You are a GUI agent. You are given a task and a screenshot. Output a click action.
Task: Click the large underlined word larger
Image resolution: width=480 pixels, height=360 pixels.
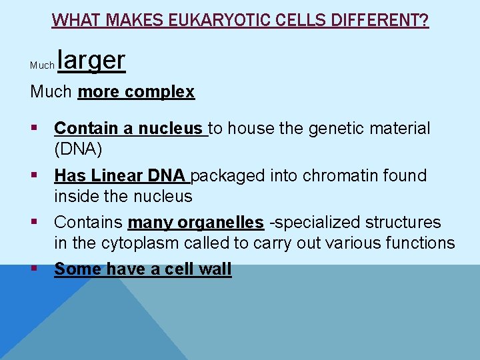click(x=91, y=61)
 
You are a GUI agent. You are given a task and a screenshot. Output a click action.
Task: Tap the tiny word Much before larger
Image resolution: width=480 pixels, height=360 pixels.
click(x=42, y=65)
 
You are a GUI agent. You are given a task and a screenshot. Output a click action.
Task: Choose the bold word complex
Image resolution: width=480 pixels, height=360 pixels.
click(x=165, y=92)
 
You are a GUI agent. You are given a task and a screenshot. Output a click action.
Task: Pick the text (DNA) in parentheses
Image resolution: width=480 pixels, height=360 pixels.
click(x=78, y=149)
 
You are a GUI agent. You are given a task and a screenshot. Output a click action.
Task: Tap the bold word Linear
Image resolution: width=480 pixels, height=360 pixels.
click(x=117, y=175)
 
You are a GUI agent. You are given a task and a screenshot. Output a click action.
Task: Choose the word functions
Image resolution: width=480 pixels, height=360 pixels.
click(x=420, y=243)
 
